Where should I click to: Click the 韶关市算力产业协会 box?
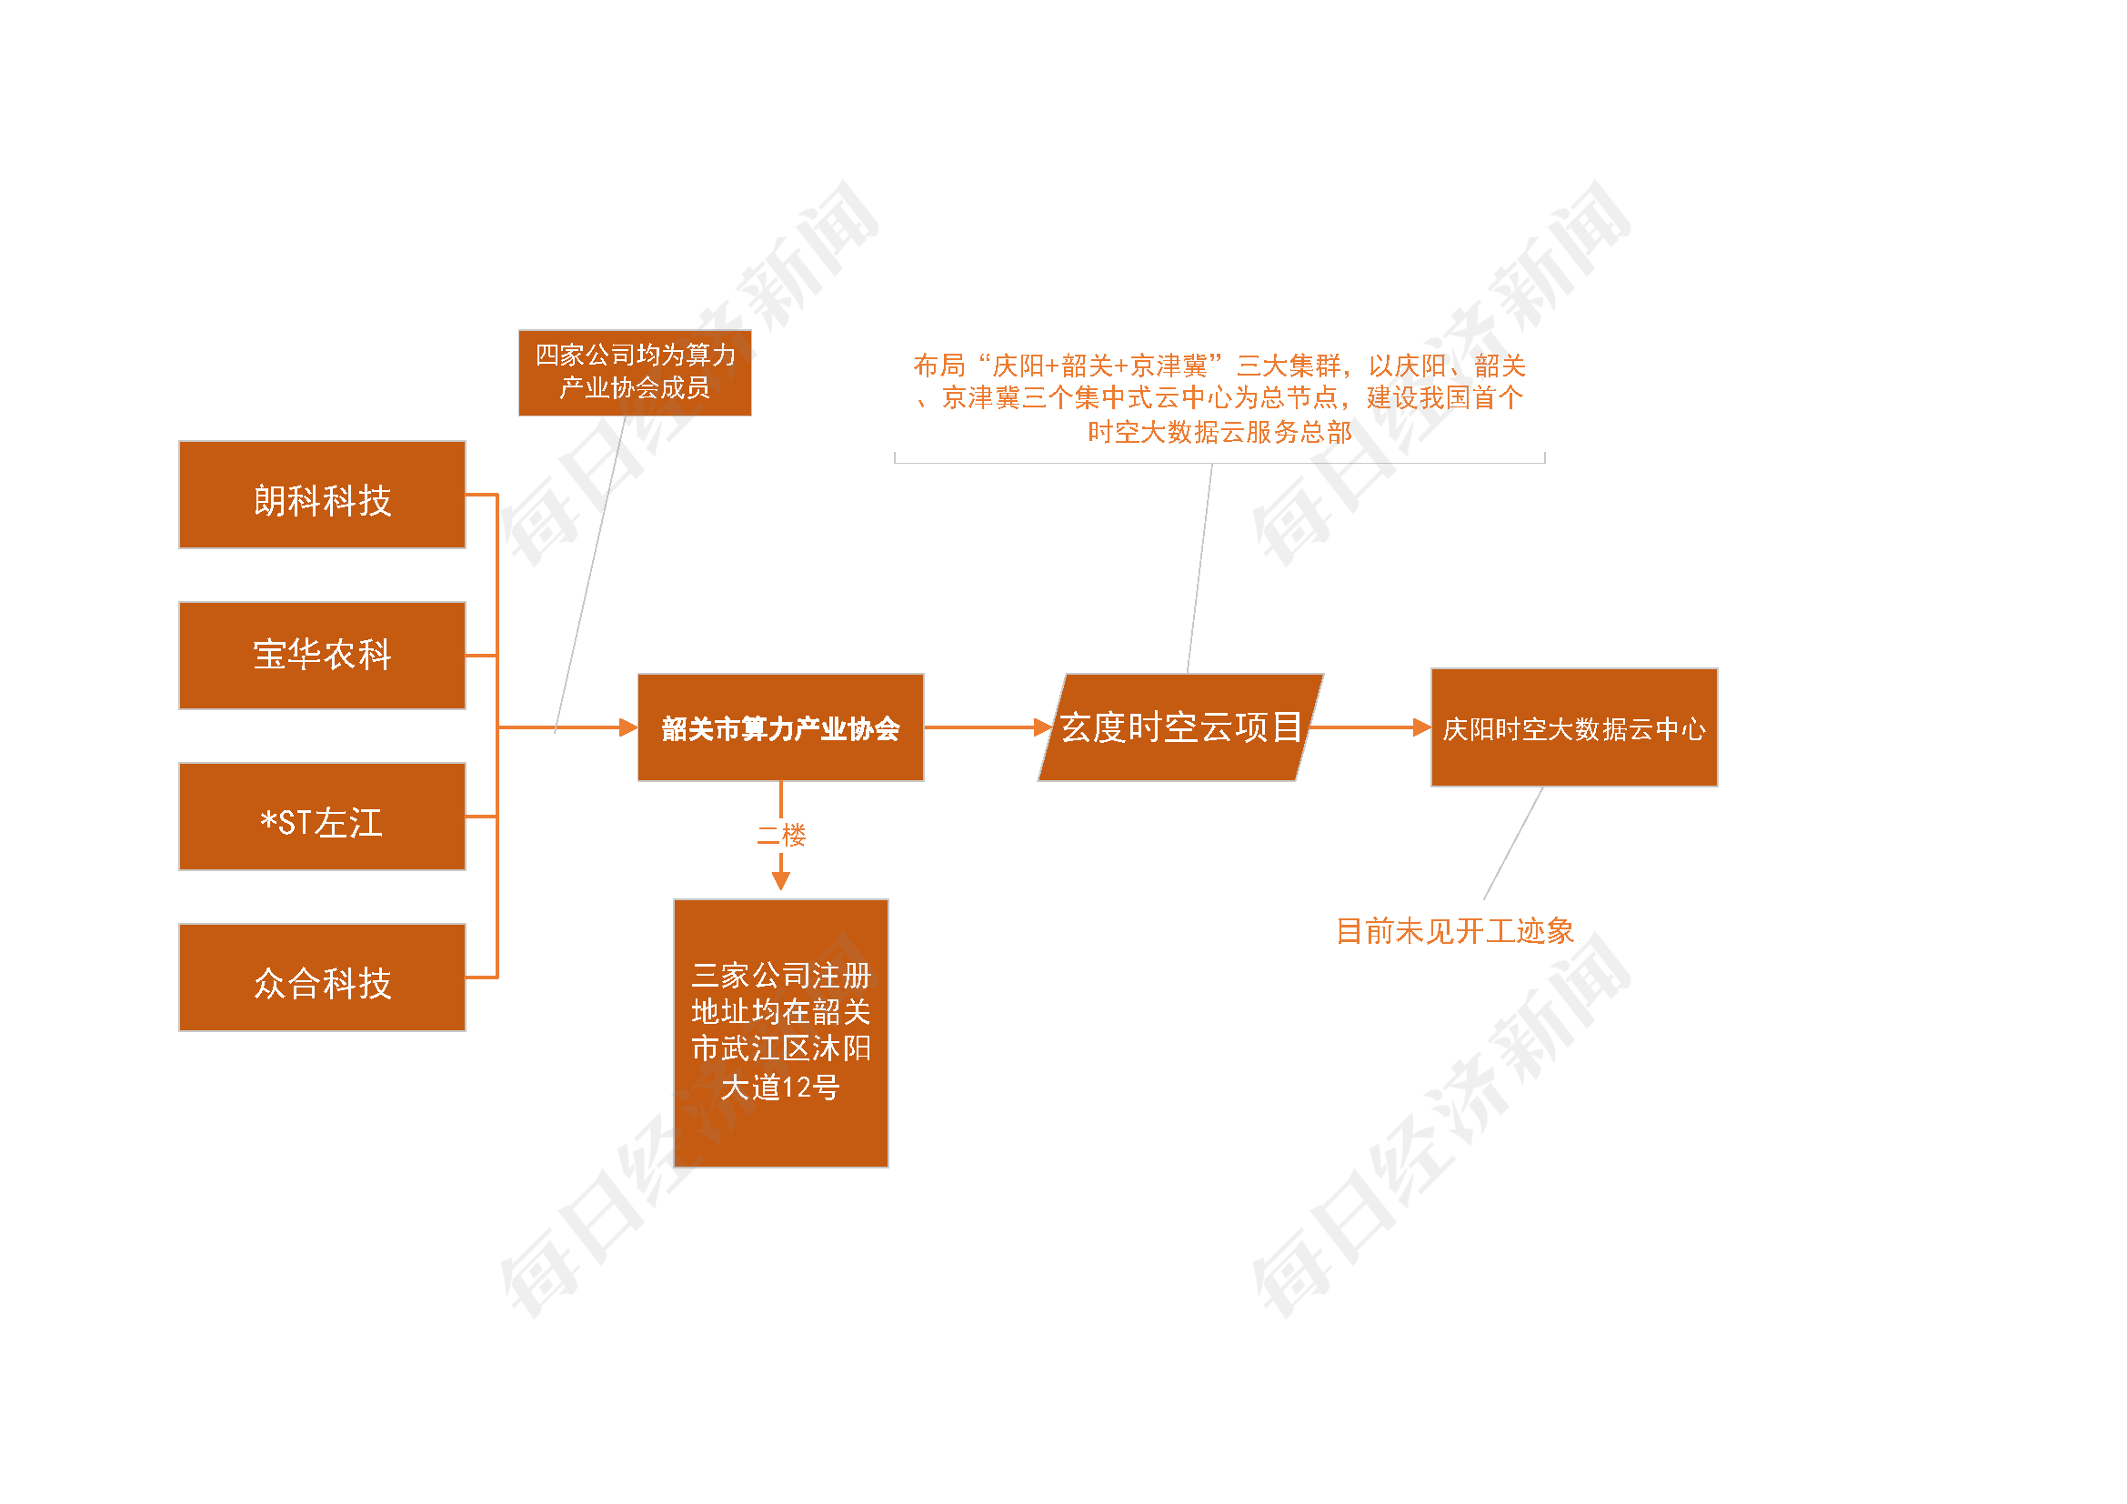point(780,727)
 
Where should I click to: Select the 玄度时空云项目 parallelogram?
point(1180,727)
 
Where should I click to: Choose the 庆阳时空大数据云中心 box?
point(1573,727)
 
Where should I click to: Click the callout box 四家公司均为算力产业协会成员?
point(635,372)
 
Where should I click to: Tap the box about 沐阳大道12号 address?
point(780,1032)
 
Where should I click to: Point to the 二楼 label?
point(780,836)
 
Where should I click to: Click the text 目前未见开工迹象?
point(1454,931)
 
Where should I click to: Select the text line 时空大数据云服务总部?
point(1219,432)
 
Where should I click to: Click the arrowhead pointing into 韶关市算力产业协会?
point(628,728)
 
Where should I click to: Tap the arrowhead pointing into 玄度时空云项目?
point(1043,728)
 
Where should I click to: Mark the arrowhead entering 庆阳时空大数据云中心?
point(1421,728)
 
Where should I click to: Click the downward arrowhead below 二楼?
point(781,880)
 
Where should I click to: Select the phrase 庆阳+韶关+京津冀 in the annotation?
point(1099,366)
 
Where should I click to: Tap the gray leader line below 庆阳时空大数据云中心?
point(1514,842)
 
